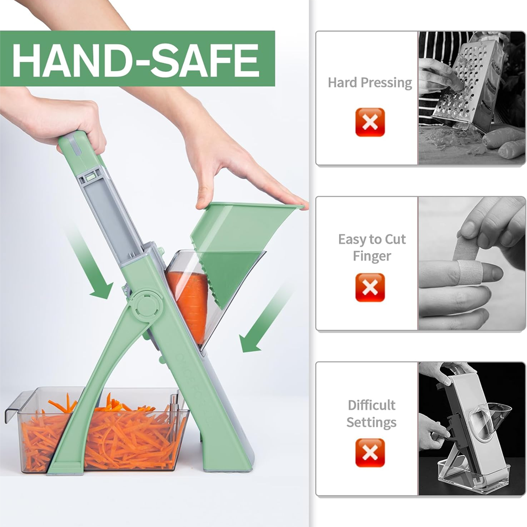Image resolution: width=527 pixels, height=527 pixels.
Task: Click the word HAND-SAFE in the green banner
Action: pyautogui.click(x=136, y=60)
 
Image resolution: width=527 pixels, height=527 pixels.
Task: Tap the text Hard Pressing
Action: pyautogui.click(x=370, y=82)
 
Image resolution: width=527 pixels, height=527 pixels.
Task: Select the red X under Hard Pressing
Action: pyautogui.click(x=370, y=122)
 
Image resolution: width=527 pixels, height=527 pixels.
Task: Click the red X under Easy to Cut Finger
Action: pyautogui.click(x=370, y=287)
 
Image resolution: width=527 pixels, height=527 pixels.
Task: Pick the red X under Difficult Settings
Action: pyautogui.click(x=370, y=453)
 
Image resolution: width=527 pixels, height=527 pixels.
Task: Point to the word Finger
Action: pyautogui.click(x=372, y=257)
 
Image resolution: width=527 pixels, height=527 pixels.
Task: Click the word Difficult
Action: pyautogui.click(x=371, y=405)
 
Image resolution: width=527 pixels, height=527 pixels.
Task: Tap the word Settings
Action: pyautogui.click(x=371, y=423)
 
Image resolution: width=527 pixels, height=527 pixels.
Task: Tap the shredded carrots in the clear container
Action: pyautogui.click(x=101, y=437)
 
